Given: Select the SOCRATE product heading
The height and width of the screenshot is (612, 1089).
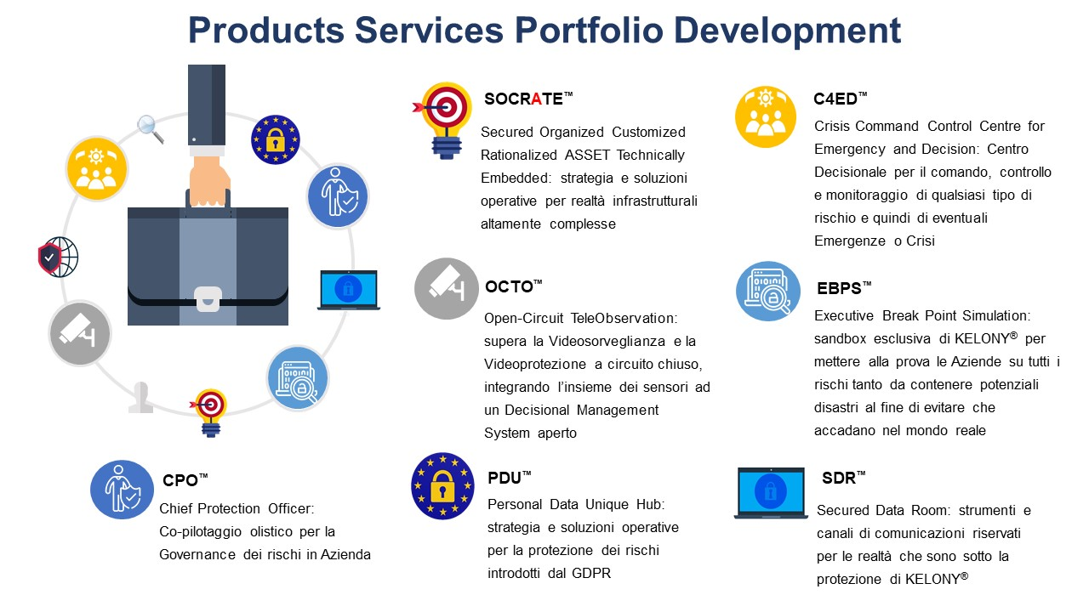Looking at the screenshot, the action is (528, 99).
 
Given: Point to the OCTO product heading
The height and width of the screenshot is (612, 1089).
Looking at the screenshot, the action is (513, 286).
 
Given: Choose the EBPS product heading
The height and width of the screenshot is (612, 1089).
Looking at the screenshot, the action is (844, 288).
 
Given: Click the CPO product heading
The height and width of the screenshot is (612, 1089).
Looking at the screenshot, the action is (185, 480).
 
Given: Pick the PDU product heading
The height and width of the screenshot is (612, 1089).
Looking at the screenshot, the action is (509, 478).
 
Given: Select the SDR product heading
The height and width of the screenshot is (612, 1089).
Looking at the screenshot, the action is (843, 478).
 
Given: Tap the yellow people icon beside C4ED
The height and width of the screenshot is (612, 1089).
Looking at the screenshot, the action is (766, 117).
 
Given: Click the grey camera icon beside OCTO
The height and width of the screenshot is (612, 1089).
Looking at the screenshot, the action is (447, 288).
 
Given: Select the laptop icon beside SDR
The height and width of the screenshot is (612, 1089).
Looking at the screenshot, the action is (771, 493).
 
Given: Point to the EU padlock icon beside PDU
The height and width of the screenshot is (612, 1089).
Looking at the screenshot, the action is (442, 486).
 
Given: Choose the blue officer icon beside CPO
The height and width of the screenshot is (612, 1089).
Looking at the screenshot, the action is (122, 490).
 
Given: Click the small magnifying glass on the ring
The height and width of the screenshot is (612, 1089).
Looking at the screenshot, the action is (151, 129).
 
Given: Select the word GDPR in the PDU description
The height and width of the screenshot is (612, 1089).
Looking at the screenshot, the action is (591, 573).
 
